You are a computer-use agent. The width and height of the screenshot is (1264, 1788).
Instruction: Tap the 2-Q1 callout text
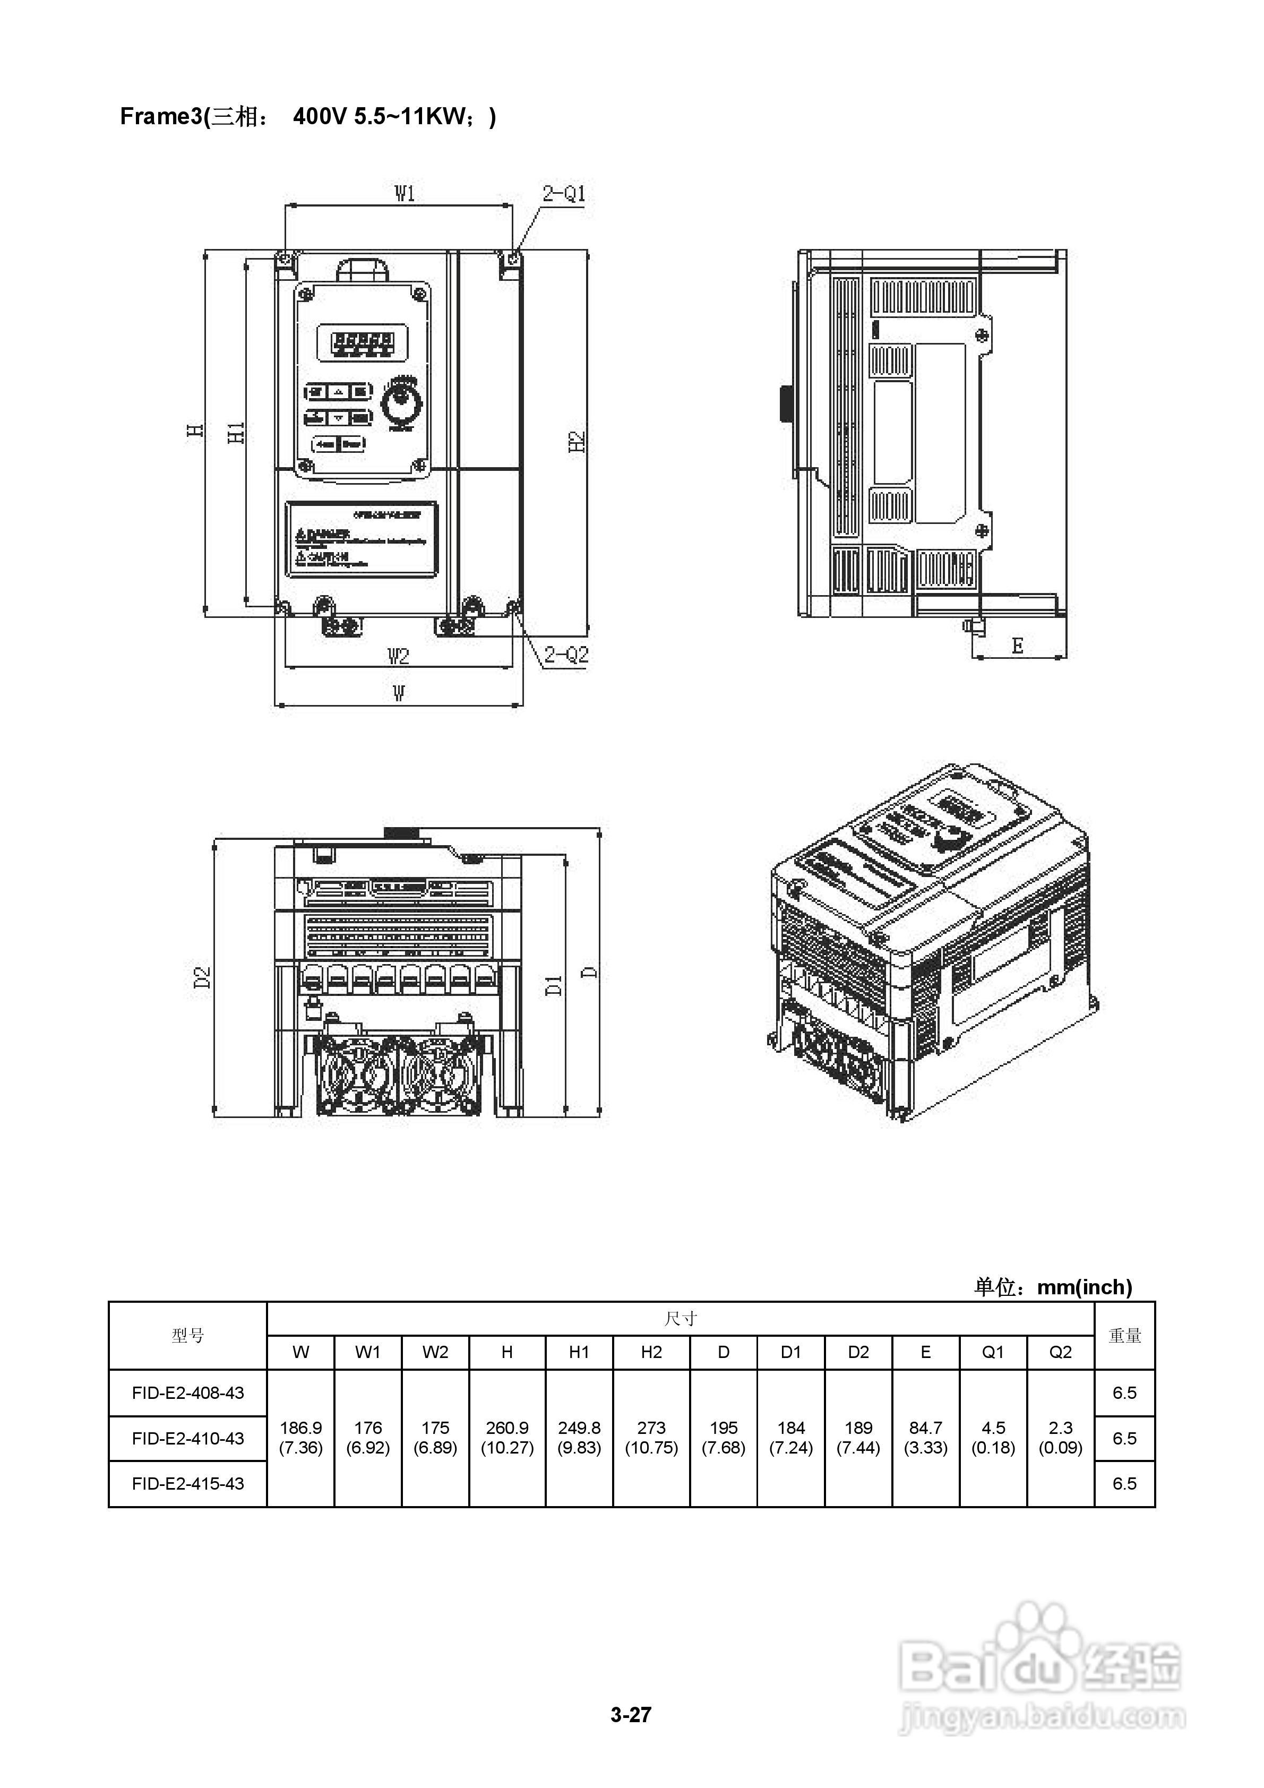[564, 193]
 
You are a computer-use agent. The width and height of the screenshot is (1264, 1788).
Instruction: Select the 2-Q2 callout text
[566, 655]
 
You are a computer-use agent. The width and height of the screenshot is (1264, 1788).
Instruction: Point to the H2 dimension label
[577, 442]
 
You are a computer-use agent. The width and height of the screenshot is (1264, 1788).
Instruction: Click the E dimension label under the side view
[1017, 646]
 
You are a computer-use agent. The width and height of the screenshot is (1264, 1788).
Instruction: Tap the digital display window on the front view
[362, 342]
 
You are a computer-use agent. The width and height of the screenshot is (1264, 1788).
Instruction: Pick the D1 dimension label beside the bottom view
[554, 985]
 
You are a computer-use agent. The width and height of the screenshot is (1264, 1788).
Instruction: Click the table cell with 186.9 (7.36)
[300, 1438]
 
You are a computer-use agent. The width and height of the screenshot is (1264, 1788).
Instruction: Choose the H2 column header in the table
[651, 1353]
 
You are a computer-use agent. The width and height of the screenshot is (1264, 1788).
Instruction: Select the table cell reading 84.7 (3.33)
[925, 1438]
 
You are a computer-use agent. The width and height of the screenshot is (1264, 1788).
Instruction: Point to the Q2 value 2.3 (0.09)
[1060, 1438]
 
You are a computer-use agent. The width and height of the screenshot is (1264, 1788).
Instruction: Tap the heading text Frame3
[160, 117]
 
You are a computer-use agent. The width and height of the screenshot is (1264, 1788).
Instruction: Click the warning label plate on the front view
[362, 540]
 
